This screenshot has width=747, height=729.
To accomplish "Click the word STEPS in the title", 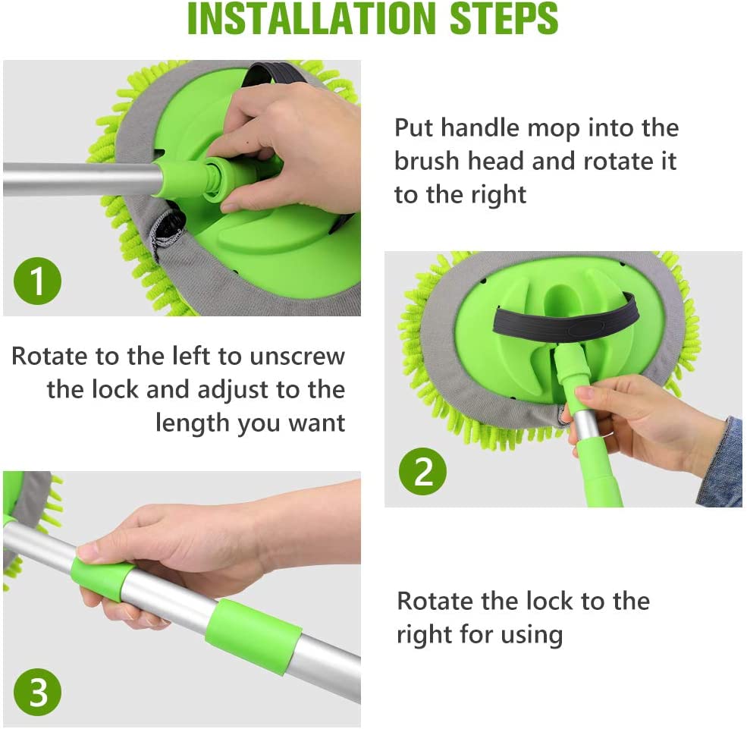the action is point(504,18).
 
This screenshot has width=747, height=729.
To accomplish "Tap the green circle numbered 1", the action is point(37,281).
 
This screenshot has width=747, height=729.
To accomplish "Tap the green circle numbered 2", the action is point(422,472).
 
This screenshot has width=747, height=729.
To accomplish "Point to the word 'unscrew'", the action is point(297,357).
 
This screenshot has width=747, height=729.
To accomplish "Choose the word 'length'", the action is point(193,424).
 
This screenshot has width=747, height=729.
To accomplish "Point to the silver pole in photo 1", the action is point(81,180).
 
